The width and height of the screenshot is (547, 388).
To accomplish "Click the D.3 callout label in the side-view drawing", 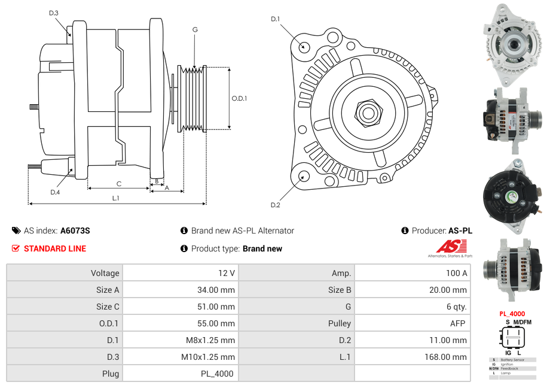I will pyautogui.click(x=54, y=13).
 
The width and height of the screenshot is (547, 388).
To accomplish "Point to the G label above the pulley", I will pyautogui.click(x=195, y=30).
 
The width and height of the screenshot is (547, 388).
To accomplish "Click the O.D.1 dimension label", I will pyautogui.click(x=240, y=98).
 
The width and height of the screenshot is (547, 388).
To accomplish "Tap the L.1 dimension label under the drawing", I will pyautogui.click(x=115, y=198).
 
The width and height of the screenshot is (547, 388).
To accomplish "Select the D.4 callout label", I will pyautogui.click(x=55, y=192).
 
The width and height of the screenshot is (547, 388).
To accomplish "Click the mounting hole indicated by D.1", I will pyautogui.click(x=304, y=46).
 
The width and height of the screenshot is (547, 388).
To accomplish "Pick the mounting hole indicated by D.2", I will pyautogui.click(x=304, y=176).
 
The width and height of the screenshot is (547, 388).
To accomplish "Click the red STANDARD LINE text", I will pyautogui.click(x=54, y=248).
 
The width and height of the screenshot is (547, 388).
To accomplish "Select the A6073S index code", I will pyautogui.click(x=75, y=231).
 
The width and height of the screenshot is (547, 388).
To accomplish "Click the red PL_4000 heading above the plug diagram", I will pyautogui.click(x=512, y=313).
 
